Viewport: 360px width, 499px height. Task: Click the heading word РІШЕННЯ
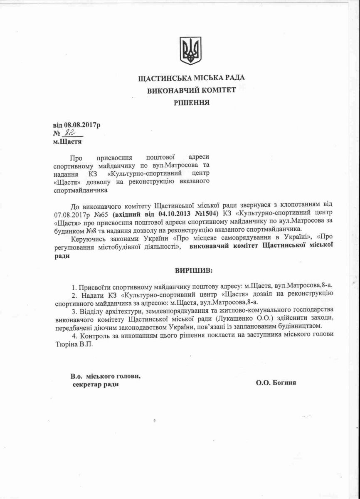pos(192,101)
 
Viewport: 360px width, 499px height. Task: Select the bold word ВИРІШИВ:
pos(193,270)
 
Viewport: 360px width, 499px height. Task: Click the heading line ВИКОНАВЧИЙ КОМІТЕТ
pos(192,90)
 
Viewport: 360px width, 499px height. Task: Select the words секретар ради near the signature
pos(95,384)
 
